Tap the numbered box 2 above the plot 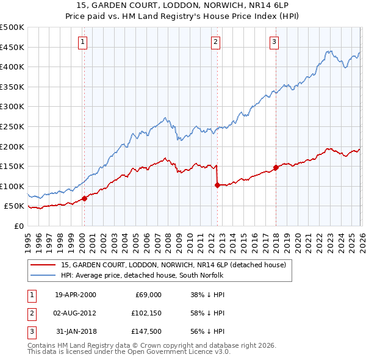tap(216, 42)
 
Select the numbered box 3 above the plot tap(274, 42)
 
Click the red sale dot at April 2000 tap(84, 198)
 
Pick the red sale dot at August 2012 tap(217, 185)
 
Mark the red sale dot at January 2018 tap(276, 167)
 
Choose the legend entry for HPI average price tap(142, 275)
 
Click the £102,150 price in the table tap(144, 313)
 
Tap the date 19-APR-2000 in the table tap(75, 294)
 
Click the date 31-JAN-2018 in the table tap(75, 331)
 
